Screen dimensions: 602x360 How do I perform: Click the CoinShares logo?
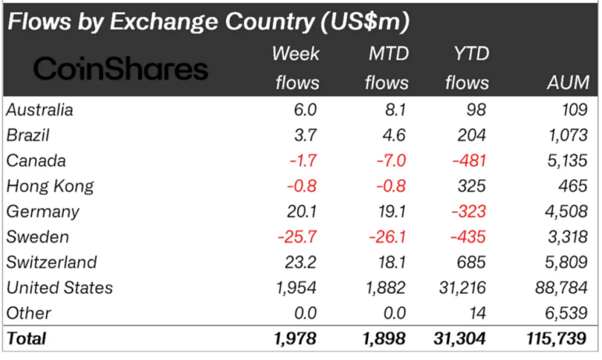tap(120, 68)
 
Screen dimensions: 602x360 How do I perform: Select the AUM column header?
tap(569, 83)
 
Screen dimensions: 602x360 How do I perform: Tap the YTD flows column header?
tap(467, 68)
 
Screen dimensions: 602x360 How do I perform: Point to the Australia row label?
tap(40, 110)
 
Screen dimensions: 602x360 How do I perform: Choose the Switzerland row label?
tap(52, 263)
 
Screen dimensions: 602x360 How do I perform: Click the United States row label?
tap(60, 288)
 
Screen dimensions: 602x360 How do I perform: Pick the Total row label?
tap(27, 338)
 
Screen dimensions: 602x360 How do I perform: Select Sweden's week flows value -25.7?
tap(297, 237)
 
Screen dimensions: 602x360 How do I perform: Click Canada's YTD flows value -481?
tap(469, 161)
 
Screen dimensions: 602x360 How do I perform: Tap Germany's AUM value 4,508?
tap(566, 212)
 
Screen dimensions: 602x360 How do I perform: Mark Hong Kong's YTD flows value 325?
tap(472, 187)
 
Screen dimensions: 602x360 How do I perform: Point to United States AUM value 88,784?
tap(561, 288)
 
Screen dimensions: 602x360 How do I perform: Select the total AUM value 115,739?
tap(557, 338)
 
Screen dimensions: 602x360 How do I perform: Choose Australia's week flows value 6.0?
tap(305, 110)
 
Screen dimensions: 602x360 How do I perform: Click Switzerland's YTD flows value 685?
tap(471, 263)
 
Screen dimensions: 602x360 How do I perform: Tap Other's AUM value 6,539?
tap(566, 313)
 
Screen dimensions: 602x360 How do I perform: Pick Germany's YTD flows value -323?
tap(469, 212)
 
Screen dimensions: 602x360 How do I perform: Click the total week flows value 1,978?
tap(295, 338)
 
